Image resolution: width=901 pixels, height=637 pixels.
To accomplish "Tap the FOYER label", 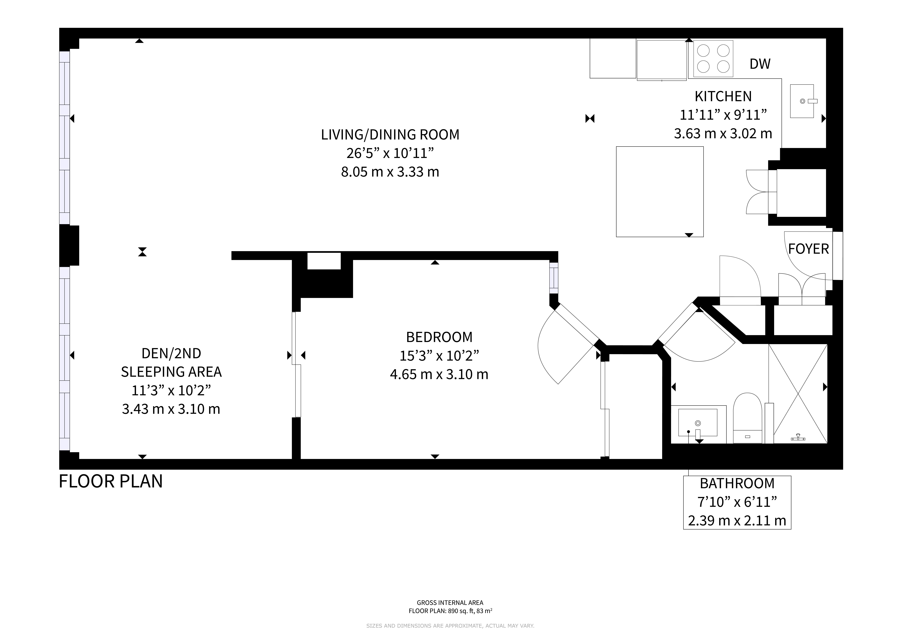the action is coord(808,249).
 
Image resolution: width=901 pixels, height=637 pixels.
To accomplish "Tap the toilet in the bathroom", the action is coord(748,418).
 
